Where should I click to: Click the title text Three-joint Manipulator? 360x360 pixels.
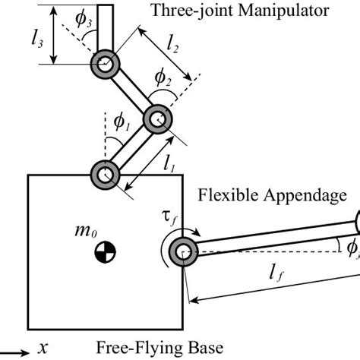coord(240,11)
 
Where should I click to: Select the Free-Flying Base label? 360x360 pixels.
coord(159,348)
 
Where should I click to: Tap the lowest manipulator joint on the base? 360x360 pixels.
coord(105,175)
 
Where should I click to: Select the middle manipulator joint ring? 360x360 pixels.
coord(159,119)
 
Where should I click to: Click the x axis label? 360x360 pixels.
coord(43,348)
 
